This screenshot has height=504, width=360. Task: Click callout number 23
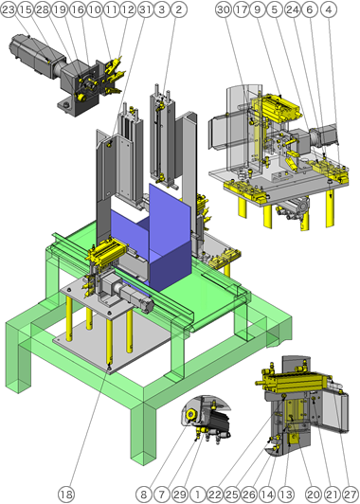[9, 9]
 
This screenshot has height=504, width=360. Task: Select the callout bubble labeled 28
[41, 9]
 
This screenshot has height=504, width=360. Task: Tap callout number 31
[144, 9]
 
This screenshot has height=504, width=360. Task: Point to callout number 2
[180, 9]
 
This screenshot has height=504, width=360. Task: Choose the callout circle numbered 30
[223, 9]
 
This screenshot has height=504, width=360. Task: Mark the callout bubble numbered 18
[65, 494]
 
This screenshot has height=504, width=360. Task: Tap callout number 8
[142, 494]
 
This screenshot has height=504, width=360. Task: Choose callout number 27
[351, 494]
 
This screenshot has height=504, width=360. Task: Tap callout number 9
[257, 9]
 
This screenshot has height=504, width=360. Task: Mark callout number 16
[76, 9]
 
